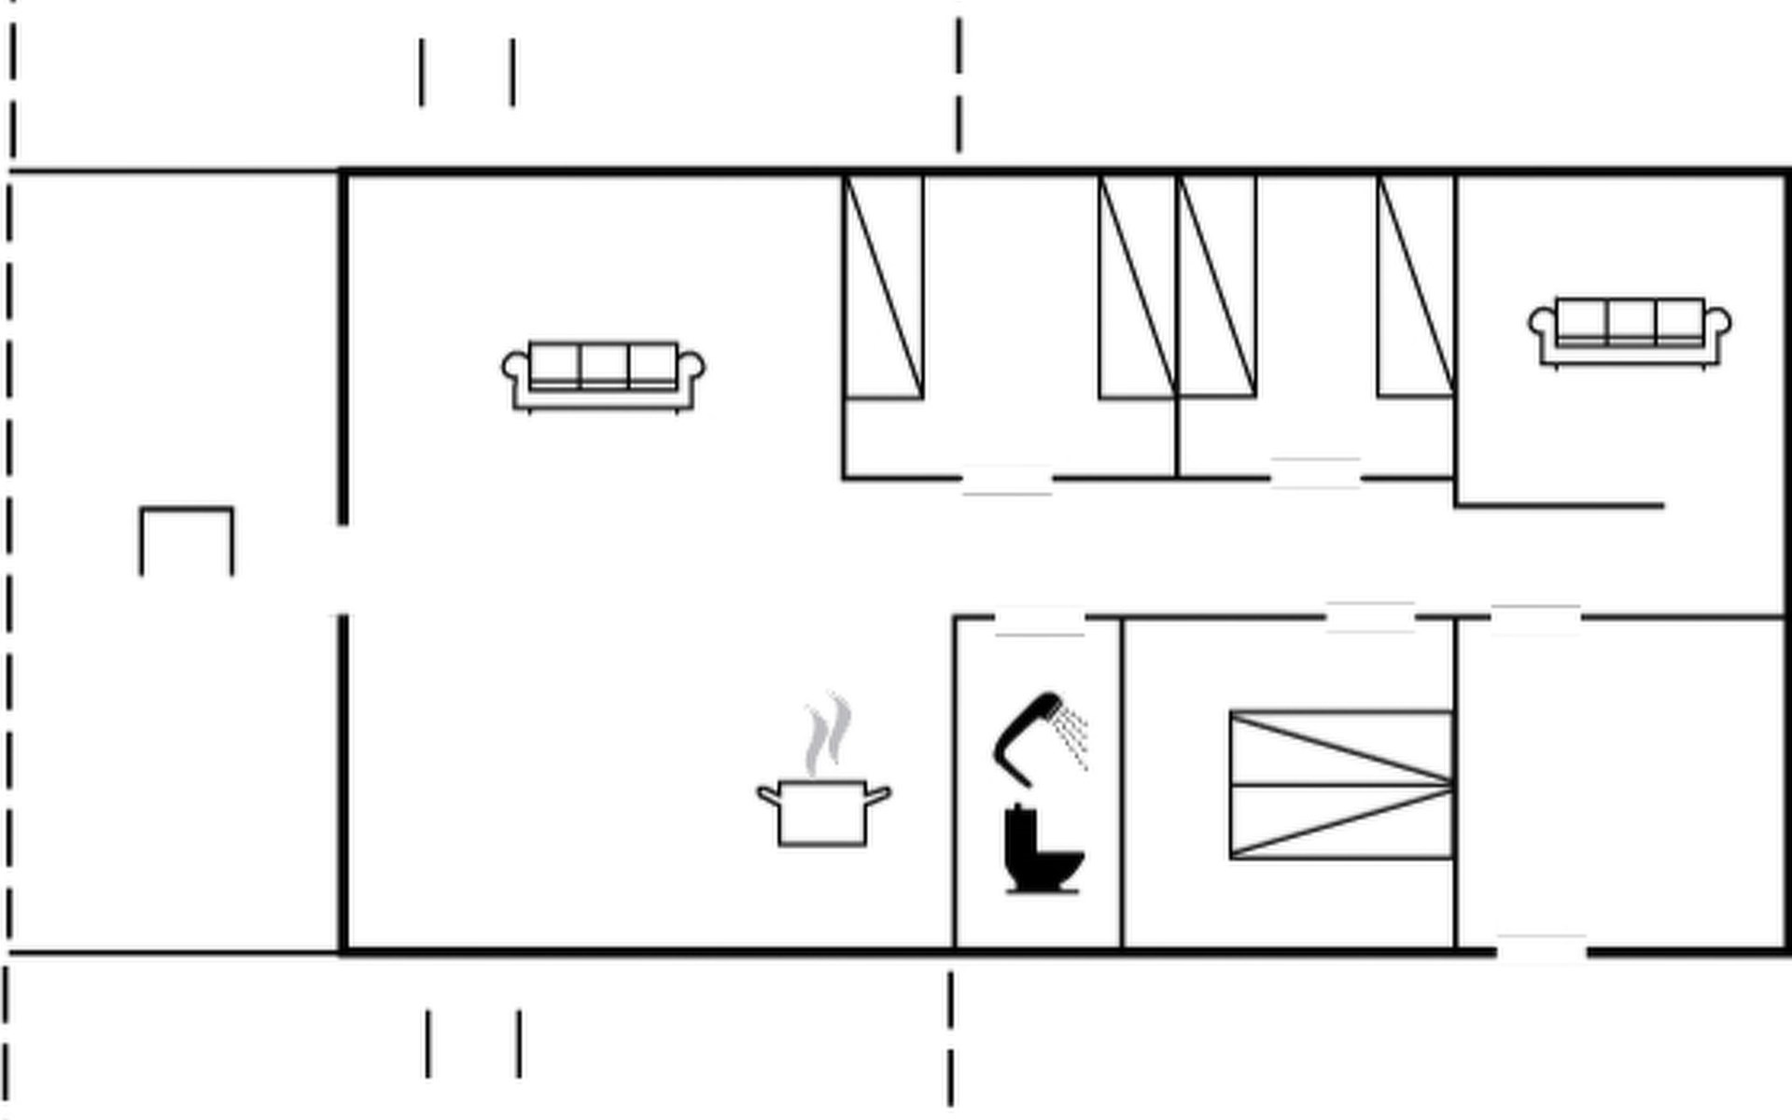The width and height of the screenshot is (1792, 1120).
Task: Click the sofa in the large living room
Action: (x=604, y=376)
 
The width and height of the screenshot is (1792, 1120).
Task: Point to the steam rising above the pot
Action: (x=829, y=734)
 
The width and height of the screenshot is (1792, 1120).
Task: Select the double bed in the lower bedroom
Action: (x=1341, y=785)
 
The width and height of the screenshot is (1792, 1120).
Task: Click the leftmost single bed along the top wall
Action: (x=883, y=287)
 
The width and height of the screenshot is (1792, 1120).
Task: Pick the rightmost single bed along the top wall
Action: (x=1415, y=287)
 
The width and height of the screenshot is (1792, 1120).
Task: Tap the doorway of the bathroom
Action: (x=1040, y=620)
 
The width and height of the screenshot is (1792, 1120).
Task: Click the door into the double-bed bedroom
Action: (x=1370, y=617)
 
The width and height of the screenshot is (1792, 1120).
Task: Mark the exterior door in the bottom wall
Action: (x=1541, y=949)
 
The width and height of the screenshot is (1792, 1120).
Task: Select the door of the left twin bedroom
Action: (x=1007, y=480)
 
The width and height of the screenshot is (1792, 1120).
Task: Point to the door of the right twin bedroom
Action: (x=1315, y=473)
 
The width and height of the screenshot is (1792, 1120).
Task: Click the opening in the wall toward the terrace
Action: (x=343, y=569)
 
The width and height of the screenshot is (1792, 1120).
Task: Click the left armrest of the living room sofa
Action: (x=513, y=366)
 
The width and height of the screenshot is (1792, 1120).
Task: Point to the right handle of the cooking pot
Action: (x=877, y=795)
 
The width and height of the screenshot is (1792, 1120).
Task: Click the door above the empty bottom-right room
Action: (x=1535, y=619)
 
